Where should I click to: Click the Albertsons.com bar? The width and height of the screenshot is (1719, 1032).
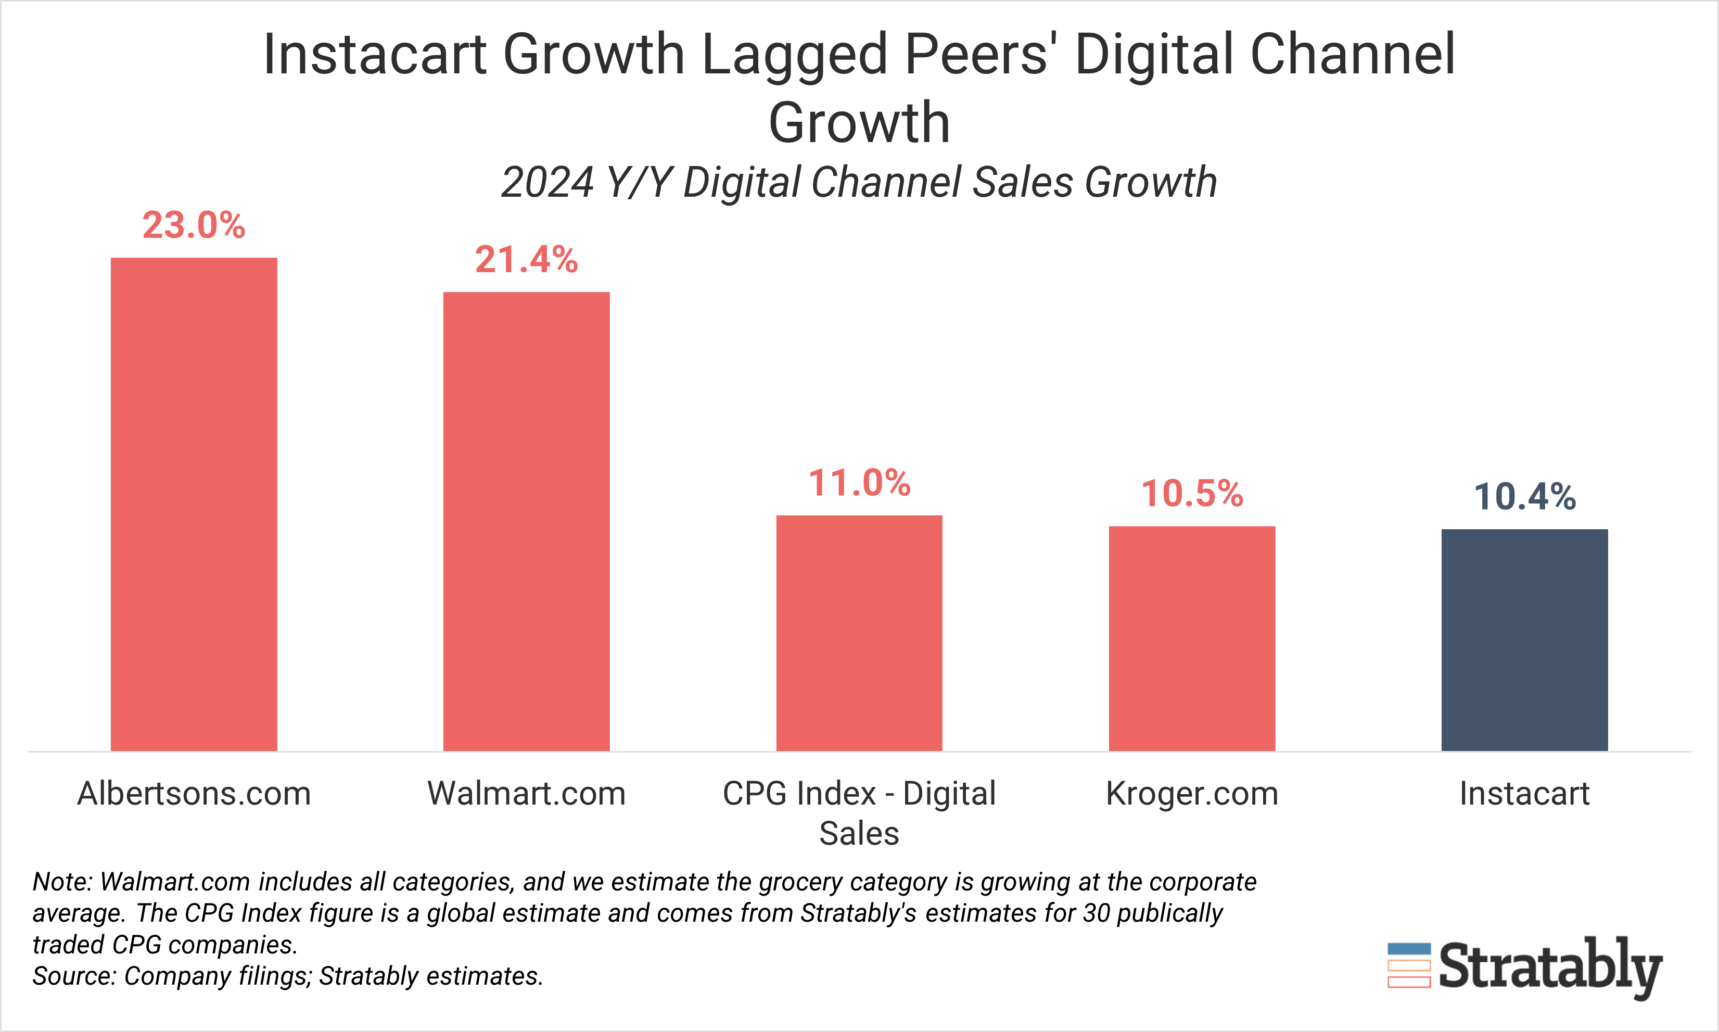click(194, 504)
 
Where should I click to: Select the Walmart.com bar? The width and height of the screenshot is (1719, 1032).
click(526, 521)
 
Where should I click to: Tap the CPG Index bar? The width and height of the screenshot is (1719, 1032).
click(859, 633)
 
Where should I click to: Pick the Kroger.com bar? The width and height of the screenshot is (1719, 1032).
click(1192, 639)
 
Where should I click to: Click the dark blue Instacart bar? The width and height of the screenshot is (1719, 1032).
click(1524, 640)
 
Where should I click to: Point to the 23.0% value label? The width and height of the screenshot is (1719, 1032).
click(194, 225)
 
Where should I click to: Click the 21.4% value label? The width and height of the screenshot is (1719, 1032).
click(526, 259)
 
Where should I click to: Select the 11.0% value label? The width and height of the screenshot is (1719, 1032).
click(859, 482)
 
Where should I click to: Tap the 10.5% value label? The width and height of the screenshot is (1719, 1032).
click(1192, 494)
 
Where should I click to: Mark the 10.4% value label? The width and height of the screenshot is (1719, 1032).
click(1524, 496)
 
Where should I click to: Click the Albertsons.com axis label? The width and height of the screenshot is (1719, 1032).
click(194, 794)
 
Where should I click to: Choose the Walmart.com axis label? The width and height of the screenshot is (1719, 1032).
click(526, 794)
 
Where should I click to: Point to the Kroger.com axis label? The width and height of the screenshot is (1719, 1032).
click(1192, 794)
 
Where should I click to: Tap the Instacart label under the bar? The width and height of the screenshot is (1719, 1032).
click(1524, 794)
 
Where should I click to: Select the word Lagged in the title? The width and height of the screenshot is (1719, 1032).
click(795, 56)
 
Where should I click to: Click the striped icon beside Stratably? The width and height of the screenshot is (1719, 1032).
click(1409, 965)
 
